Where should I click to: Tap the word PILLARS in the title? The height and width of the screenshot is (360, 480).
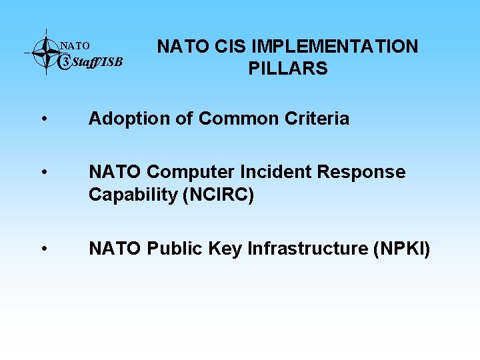click(x=288, y=69)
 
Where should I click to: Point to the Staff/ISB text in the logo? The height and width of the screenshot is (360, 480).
click(x=96, y=62)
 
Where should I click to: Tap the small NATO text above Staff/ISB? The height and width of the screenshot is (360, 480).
click(x=75, y=46)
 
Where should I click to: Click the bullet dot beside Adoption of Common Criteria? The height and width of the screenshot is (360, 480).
click(x=43, y=119)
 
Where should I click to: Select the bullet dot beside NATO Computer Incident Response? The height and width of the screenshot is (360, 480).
click(x=43, y=173)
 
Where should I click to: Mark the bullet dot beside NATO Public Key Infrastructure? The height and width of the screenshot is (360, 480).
click(x=43, y=249)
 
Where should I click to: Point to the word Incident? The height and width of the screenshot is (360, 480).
click(x=280, y=172)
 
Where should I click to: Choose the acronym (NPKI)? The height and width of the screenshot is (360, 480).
click(x=401, y=249)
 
